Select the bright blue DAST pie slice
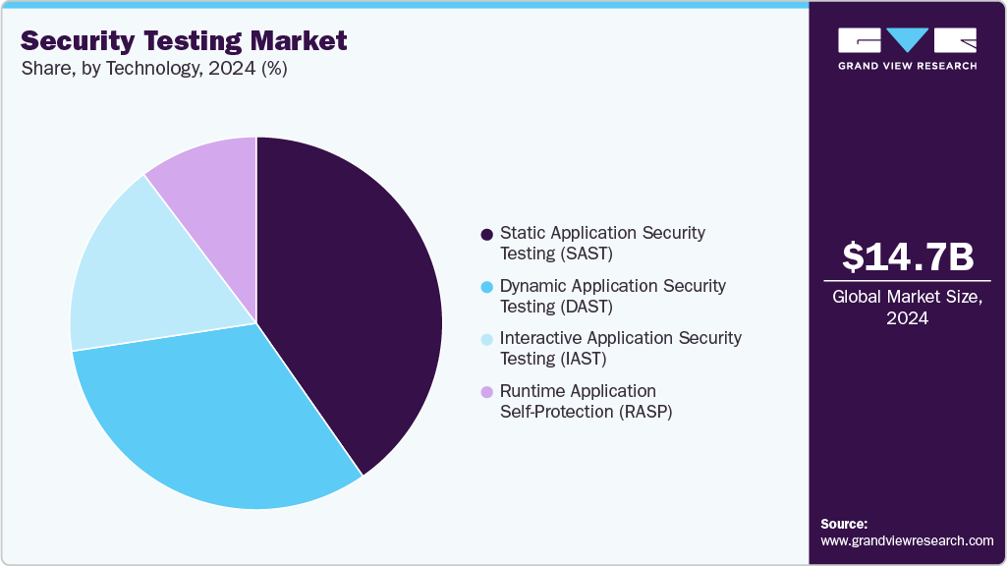click(x=216, y=413)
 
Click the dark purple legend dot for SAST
click(x=486, y=235)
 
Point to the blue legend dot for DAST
click(x=486, y=287)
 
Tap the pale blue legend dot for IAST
click(x=486, y=339)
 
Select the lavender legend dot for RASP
click(x=486, y=392)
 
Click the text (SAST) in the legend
click(x=587, y=254)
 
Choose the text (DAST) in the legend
click(x=587, y=307)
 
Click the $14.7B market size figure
click(x=908, y=256)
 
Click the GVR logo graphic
click(x=907, y=41)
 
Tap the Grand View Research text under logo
click(x=907, y=66)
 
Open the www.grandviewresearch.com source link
click(x=907, y=540)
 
